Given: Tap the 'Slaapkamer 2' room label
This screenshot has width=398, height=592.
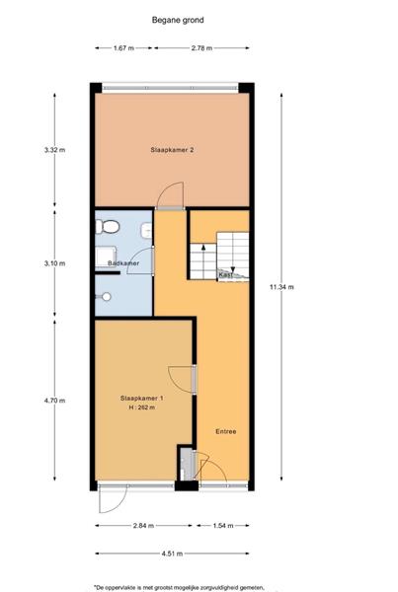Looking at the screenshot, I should point(171,150).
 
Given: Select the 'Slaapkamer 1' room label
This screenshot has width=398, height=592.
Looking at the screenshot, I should point(141,397).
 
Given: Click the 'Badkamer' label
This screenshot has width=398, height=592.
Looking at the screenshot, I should point(122,264).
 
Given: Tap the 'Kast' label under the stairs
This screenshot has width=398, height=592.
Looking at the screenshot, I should point(225,274).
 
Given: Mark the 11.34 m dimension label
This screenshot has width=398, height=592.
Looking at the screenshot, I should point(282,287).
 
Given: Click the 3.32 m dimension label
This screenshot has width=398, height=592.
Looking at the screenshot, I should point(54,150).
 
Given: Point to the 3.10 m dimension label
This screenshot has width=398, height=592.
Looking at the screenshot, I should point(54,263).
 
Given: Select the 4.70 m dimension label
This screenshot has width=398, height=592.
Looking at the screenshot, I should point(54,402).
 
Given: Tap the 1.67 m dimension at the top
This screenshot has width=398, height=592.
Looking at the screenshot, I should point(123,47).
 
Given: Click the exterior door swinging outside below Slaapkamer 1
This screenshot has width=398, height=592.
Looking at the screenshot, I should point(111,501).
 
